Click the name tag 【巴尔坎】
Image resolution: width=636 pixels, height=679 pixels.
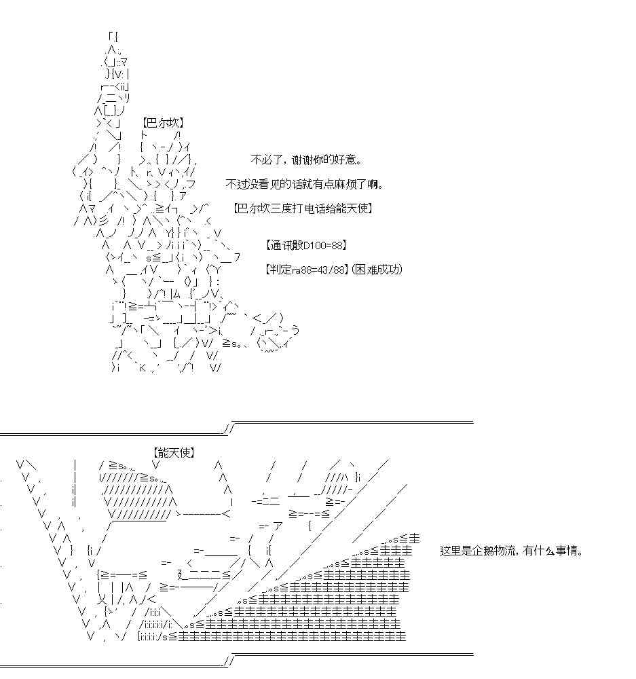[163, 123]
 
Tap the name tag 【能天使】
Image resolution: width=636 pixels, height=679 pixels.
[174, 453]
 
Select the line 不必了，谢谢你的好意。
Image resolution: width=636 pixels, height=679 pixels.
[307, 160]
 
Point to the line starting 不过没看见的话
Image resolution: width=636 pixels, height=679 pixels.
[305, 185]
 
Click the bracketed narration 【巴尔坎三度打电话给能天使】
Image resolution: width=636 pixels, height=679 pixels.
[303, 208]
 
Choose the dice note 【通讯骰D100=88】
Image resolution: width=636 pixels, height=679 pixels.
[305, 246]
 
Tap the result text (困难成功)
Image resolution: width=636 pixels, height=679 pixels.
[377, 270]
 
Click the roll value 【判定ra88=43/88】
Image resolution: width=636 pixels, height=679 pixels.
[306, 270]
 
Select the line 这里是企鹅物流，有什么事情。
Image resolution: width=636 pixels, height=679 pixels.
[511, 551]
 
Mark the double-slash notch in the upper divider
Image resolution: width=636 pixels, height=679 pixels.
[229, 428]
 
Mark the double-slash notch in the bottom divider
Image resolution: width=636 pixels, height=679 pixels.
[229, 661]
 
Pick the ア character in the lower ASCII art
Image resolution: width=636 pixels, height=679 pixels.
[278, 527]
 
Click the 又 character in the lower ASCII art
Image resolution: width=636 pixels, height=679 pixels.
[102, 600]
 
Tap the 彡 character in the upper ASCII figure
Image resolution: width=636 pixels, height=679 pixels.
[104, 221]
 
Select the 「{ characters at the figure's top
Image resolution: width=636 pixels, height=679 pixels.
[113, 37]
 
